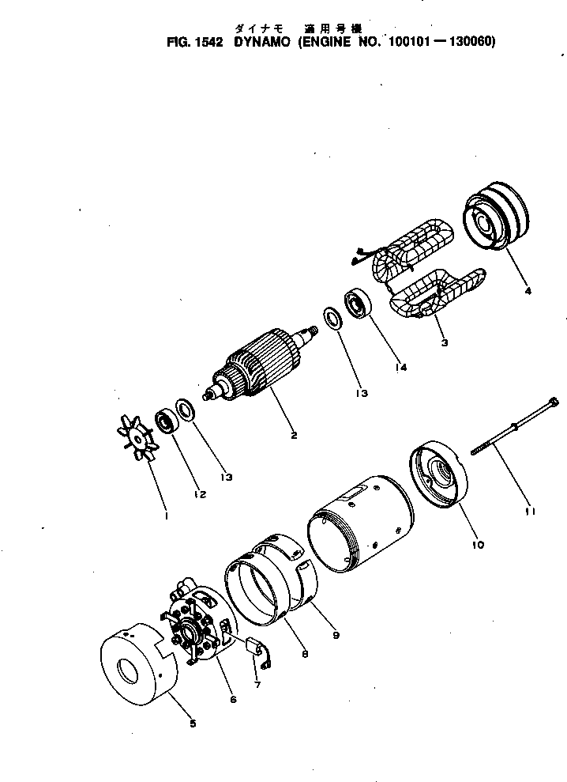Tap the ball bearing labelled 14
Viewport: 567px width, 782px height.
pos(357,304)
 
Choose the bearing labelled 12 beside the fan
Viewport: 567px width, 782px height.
pos(167,419)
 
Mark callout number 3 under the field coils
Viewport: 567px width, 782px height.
pos(445,342)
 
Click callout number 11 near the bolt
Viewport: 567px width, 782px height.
pos(530,512)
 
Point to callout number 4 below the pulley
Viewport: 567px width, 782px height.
pos(528,290)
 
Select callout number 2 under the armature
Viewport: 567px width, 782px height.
pos(294,435)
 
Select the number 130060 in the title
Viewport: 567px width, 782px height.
pos(467,43)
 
